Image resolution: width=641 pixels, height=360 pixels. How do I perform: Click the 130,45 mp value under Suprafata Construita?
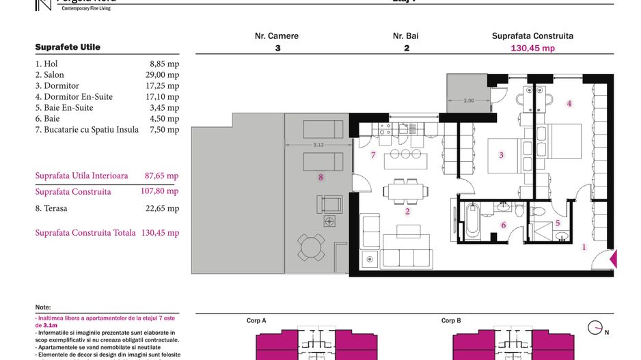[532, 49]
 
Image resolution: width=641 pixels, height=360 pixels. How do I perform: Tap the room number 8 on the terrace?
[320, 178]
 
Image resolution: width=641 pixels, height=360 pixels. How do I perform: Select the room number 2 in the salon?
[407, 211]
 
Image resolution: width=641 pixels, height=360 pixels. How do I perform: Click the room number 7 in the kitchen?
[373, 155]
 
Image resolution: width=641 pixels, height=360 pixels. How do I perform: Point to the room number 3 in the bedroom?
[501, 155]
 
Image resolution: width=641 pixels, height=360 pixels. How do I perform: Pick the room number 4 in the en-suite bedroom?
[569, 103]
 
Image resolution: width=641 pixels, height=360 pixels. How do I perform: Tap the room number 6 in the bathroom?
[503, 225]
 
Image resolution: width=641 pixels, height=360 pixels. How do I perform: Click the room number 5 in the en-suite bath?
[557, 223]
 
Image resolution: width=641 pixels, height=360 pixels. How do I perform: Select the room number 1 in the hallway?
[584, 247]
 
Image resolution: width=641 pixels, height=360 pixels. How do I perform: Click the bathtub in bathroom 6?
[472, 222]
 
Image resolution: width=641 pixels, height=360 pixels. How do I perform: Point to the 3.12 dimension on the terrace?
[318, 145]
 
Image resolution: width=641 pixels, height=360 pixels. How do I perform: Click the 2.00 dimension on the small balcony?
[469, 100]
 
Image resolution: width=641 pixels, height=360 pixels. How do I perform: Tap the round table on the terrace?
[311, 247]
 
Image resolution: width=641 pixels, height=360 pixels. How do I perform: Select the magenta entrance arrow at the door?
[613, 259]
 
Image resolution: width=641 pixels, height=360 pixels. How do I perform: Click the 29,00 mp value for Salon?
[164, 75]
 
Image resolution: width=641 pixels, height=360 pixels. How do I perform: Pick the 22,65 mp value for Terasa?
[164, 208]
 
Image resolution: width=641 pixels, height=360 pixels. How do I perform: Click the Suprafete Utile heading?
[68, 47]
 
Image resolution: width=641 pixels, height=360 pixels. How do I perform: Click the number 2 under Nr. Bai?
[407, 49]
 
